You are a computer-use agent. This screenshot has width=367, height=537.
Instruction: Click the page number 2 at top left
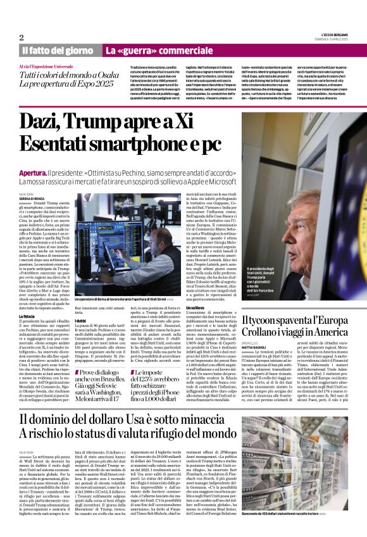[22, 37]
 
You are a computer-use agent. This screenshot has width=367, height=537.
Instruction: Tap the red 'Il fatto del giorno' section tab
[59, 50]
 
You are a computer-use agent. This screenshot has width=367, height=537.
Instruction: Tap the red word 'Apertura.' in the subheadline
[37, 172]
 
